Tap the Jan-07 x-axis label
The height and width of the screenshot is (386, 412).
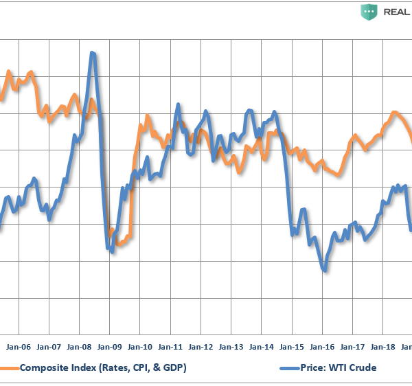[49, 348]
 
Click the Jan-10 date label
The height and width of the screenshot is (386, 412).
[140, 348]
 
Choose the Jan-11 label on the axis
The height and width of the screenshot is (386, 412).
[170, 348]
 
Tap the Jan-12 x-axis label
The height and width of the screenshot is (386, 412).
[201, 348]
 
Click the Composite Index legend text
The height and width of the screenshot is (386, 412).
[103, 368]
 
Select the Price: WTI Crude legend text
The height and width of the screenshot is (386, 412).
[335, 368]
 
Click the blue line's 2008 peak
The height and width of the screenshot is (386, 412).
[92, 53]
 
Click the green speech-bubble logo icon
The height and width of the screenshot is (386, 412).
[369, 12]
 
